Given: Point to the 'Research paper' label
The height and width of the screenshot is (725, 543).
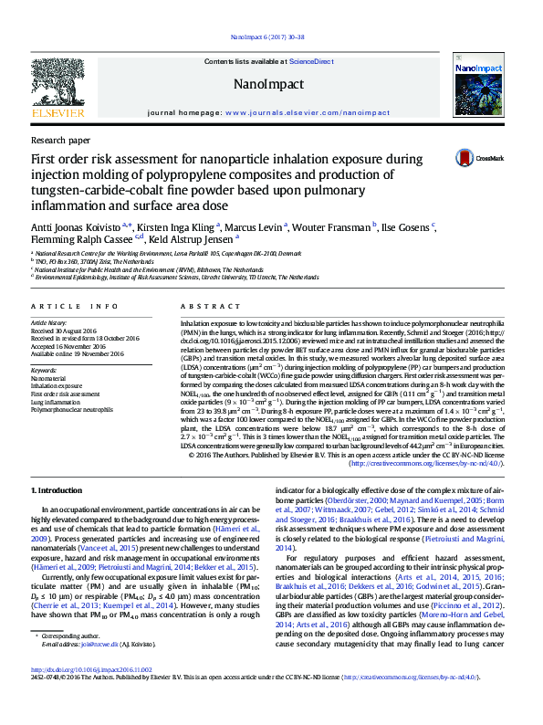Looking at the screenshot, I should [x=60, y=141].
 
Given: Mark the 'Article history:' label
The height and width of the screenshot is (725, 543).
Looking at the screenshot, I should [x=50, y=323].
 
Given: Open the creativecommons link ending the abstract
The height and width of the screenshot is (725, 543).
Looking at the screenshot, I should [x=422, y=463].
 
